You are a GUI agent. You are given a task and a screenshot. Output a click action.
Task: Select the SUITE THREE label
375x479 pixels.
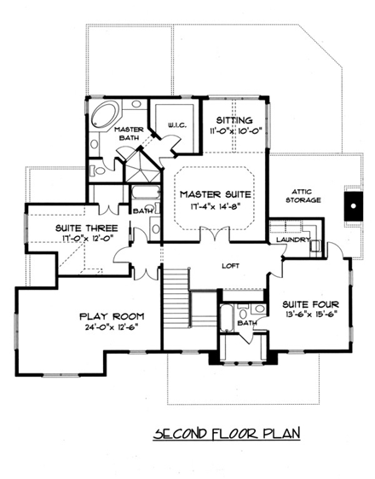coord(74,228)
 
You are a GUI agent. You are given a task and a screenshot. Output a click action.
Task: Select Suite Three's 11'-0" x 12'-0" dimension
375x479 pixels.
coord(74,239)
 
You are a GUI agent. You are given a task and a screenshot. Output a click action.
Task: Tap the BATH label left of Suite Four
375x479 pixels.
coord(247,324)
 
